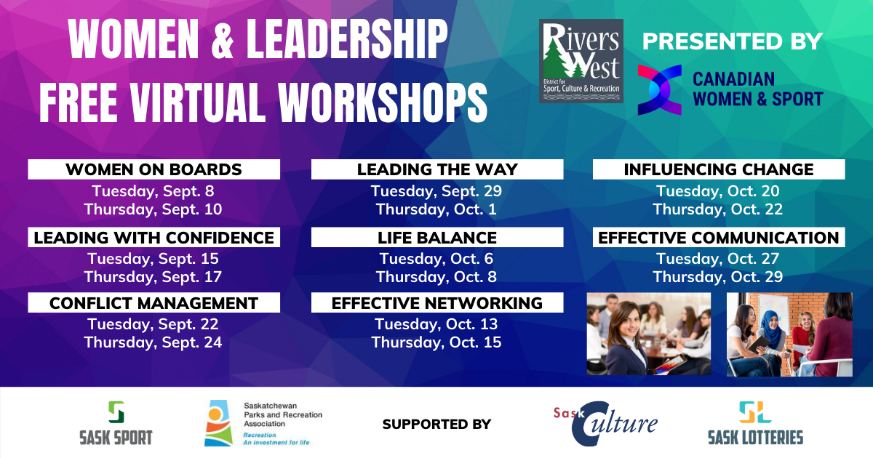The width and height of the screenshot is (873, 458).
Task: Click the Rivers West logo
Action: [x=581, y=61]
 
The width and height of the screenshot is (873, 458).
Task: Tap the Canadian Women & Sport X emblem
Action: [x=659, y=90]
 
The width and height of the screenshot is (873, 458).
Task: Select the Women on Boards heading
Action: [x=154, y=169]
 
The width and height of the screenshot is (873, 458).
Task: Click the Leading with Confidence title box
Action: [x=154, y=237]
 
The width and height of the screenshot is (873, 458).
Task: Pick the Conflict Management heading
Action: [x=154, y=302]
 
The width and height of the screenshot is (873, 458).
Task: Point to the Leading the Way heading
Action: [x=437, y=169]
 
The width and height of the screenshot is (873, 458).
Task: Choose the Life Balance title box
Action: [x=437, y=237]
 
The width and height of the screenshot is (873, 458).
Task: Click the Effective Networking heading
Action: [x=437, y=302]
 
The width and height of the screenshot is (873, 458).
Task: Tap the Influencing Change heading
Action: [x=719, y=169]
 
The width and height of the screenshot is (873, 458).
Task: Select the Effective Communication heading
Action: [x=719, y=237]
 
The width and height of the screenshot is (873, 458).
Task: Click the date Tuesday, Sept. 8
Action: [x=154, y=190]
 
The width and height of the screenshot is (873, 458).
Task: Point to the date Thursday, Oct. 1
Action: [x=436, y=209]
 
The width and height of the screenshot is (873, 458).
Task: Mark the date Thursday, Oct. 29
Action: [x=718, y=276]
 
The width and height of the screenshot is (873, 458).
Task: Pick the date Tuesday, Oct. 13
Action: [x=436, y=324]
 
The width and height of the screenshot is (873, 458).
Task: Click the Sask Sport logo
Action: [x=116, y=423]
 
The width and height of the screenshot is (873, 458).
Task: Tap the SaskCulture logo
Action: [x=605, y=423]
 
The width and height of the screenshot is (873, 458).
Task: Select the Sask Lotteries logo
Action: [x=756, y=423]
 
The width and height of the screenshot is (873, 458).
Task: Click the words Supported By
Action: [x=437, y=424]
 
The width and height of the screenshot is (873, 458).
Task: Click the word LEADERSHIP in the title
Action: [x=347, y=40]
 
